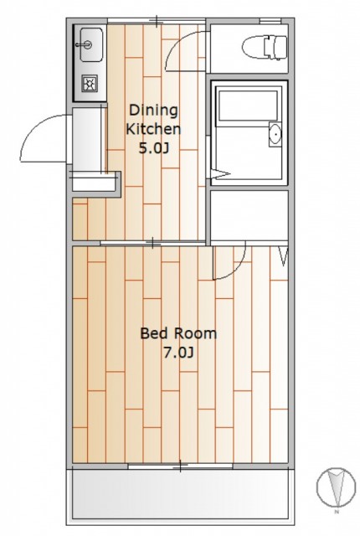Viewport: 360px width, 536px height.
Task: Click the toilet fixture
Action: (265, 48)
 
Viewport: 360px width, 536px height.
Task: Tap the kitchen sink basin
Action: (91, 44)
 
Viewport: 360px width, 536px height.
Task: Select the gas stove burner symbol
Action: (90, 83)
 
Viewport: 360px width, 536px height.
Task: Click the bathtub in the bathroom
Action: (248, 106)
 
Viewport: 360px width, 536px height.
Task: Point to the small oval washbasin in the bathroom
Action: (275, 134)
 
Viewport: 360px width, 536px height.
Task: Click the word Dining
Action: (153, 111)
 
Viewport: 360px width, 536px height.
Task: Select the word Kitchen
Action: (153, 129)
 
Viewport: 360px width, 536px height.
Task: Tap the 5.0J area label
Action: (154, 148)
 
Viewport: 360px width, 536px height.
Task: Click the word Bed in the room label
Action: (153, 333)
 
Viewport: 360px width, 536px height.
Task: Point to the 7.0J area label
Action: (178, 353)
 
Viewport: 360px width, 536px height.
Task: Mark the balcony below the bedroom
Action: (180, 495)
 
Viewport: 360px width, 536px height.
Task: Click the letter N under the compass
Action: (337, 512)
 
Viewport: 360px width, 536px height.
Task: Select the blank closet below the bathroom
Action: (249, 216)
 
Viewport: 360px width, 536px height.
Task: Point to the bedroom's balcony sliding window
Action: (181, 466)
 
